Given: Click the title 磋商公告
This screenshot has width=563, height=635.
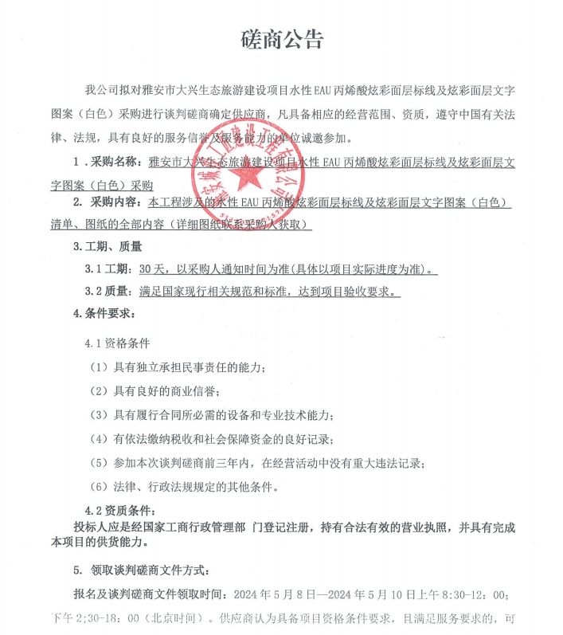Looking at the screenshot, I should point(282,40).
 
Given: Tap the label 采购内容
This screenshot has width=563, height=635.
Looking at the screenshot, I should point(116,204).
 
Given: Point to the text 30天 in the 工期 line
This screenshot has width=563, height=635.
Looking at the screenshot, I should point(150,269).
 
